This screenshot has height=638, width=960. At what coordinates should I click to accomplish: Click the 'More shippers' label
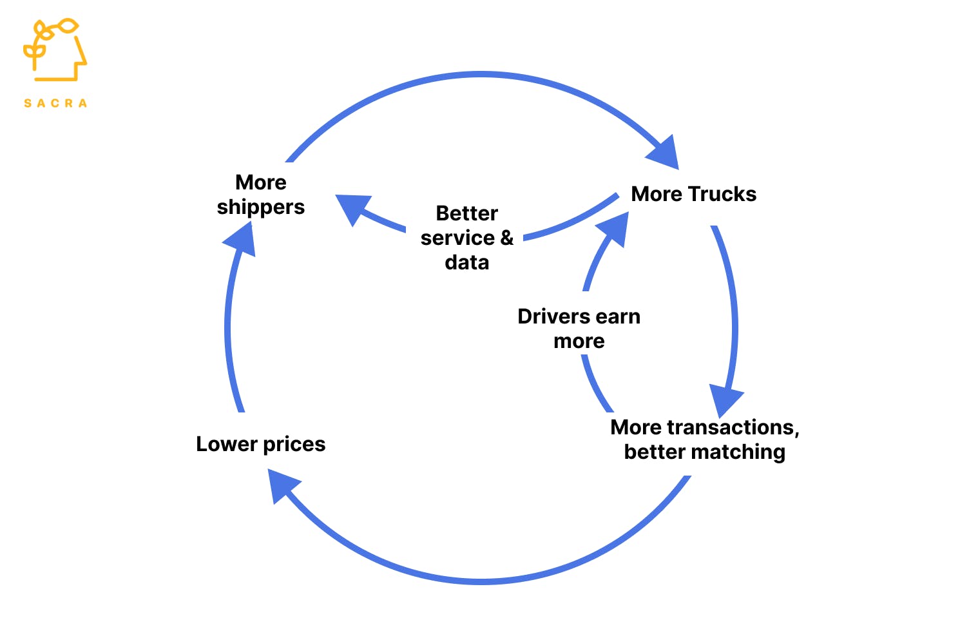click(x=261, y=195)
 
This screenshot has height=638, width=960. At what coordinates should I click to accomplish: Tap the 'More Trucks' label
click(x=693, y=194)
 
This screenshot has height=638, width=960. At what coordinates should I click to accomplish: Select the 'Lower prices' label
click(x=260, y=444)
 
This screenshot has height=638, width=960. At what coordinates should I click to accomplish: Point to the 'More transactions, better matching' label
click(x=705, y=440)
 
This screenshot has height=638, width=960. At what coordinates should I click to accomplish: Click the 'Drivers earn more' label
click(x=579, y=329)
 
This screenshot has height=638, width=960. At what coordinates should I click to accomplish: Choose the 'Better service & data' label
click(x=467, y=238)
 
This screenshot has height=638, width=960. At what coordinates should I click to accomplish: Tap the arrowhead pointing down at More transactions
click(x=725, y=399)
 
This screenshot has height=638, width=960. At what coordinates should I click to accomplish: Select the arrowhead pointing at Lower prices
click(x=282, y=484)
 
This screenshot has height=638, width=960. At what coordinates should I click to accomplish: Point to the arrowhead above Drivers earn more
click(x=613, y=229)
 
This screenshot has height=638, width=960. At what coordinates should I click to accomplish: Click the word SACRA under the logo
click(x=55, y=103)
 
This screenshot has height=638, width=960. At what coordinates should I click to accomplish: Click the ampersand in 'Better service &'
click(x=507, y=238)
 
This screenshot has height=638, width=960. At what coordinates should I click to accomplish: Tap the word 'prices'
click(x=294, y=444)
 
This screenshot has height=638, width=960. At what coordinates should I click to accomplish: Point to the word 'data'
click(x=467, y=262)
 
